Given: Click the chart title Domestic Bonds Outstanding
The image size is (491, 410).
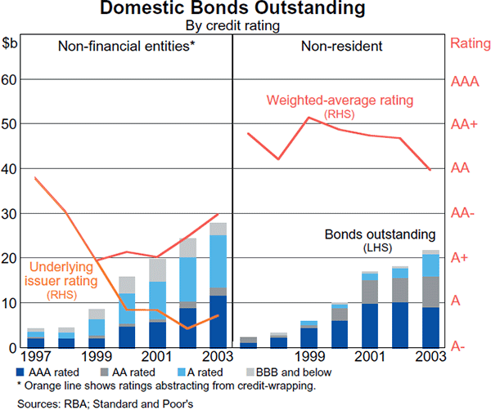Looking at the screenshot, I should pos(245,10).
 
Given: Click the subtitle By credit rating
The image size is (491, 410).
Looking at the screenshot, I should pos(245,25).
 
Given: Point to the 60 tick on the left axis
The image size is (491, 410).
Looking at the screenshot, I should pos(11,80).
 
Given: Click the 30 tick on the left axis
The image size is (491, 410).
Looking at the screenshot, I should pos(11,213).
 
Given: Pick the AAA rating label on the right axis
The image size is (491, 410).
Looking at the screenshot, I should pos(466,80).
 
